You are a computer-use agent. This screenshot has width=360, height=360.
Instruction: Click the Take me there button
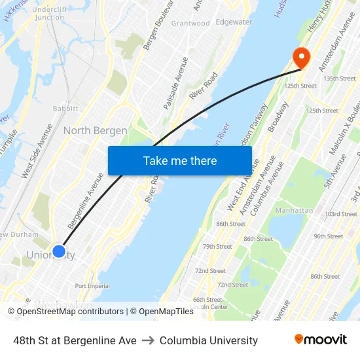180,160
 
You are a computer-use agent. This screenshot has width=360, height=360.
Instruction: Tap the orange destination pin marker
301,58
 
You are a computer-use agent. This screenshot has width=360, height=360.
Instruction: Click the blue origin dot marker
58,251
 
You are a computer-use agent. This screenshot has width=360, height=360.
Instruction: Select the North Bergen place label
95,131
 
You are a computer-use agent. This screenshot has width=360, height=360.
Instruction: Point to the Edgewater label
234,22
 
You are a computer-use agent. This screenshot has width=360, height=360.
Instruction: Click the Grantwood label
190,24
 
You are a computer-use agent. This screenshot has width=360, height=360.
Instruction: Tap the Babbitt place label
65,109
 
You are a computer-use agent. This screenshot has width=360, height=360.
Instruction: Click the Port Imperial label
92,286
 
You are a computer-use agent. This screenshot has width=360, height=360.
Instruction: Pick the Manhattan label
294,211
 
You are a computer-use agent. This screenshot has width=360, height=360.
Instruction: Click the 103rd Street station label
340,214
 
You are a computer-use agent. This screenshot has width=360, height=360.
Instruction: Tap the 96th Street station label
328,236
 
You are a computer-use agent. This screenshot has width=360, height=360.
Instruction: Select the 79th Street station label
217,247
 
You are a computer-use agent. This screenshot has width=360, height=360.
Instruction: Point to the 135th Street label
339,79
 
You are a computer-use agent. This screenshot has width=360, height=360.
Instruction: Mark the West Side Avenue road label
35,151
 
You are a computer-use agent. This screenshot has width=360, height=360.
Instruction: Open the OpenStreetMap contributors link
70,312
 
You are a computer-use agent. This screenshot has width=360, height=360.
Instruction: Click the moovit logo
320,340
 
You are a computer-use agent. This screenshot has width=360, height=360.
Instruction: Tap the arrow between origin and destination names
148,340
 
